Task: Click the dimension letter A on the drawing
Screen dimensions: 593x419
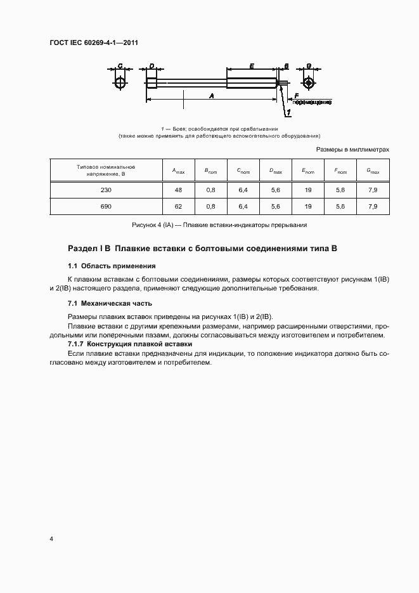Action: pyautogui.click(x=211, y=94)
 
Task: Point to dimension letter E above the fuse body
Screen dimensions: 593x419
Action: pyautogui.click(x=252, y=66)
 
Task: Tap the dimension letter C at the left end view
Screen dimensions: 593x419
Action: pyautogui.click(x=120, y=66)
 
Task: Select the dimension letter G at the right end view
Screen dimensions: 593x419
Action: pyautogui.click(x=308, y=66)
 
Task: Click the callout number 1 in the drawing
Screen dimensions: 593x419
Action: pyautogui.click(x=288, y=112)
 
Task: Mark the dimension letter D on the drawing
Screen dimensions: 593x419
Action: pyautogui.click(x=151, y=66)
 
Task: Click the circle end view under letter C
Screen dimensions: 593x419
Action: pyautogui.click(x=120, y=83)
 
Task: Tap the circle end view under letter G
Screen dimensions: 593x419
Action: pyautogui.click(x=308, y=83)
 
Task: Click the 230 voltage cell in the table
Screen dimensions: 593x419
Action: pyautogui.click(x=105, y=190)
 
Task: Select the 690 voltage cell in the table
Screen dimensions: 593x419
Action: pyautogui.click(x=105, y=207)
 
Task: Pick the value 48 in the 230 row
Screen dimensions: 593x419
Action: pyautogui.click(x=178, y=190)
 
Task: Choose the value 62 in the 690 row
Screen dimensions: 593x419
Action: pyautogui.click(x=178, y=207)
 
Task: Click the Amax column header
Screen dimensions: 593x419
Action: pyautogui.click(x=178, y=171)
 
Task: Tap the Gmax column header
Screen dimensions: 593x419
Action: pyautogui.click(x=373, y=171)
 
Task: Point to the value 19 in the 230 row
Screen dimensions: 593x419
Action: pyautogui.click(x=307, y=190)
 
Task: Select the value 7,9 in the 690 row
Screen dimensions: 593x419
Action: pyautogui.click(x=373, y=207)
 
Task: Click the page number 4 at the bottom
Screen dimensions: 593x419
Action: pyautogui.click(x=51, y=538)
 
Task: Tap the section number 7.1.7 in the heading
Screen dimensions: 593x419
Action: pyautogui.click(x=78, y=343)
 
